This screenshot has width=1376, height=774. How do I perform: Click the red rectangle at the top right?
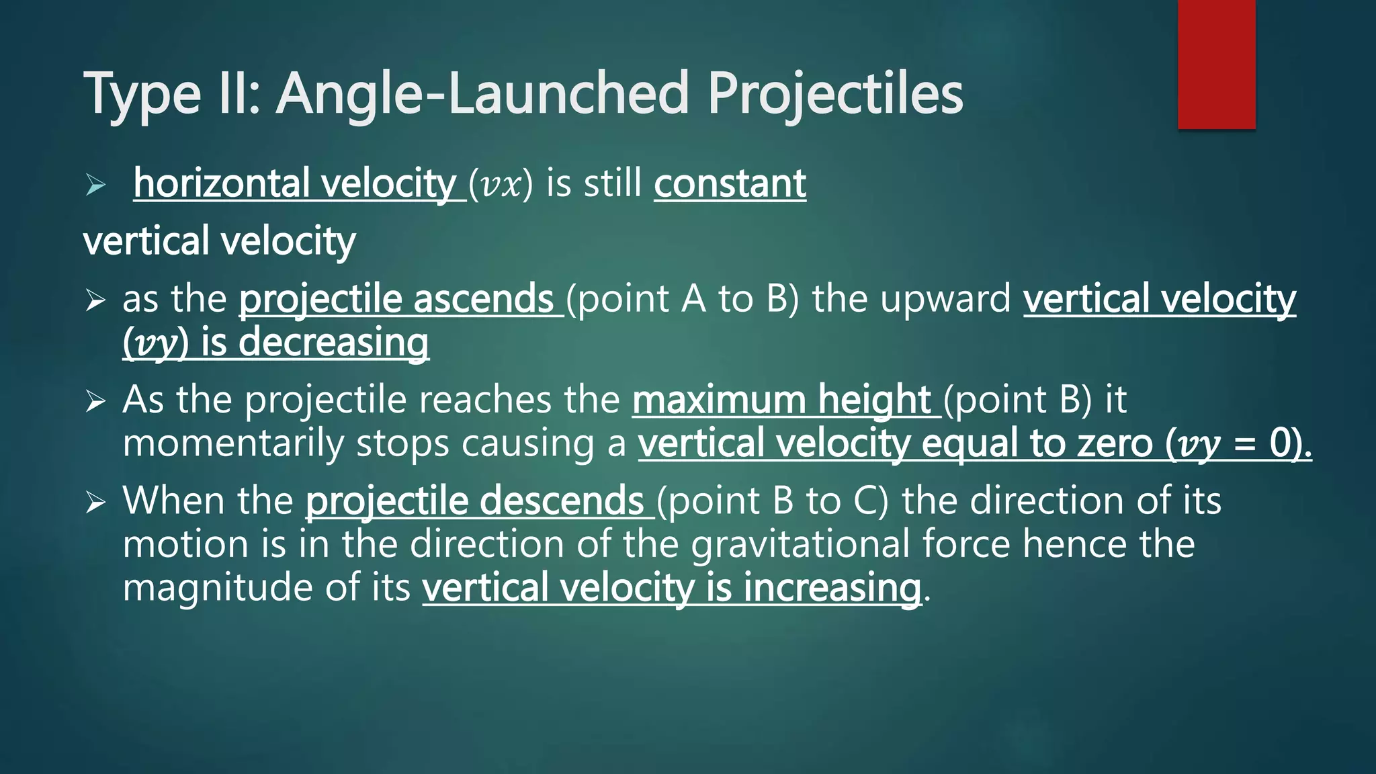coord(1216,64)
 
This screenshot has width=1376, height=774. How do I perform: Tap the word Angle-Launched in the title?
coord(483,94)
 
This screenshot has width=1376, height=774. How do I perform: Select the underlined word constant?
coord(730,183)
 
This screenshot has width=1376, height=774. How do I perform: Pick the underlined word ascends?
coord(483,299)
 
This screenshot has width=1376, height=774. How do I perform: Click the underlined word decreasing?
coord(333,343)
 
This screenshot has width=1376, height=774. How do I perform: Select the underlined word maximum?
coord(718,400)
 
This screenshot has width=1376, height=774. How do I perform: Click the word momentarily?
coord(232,443)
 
